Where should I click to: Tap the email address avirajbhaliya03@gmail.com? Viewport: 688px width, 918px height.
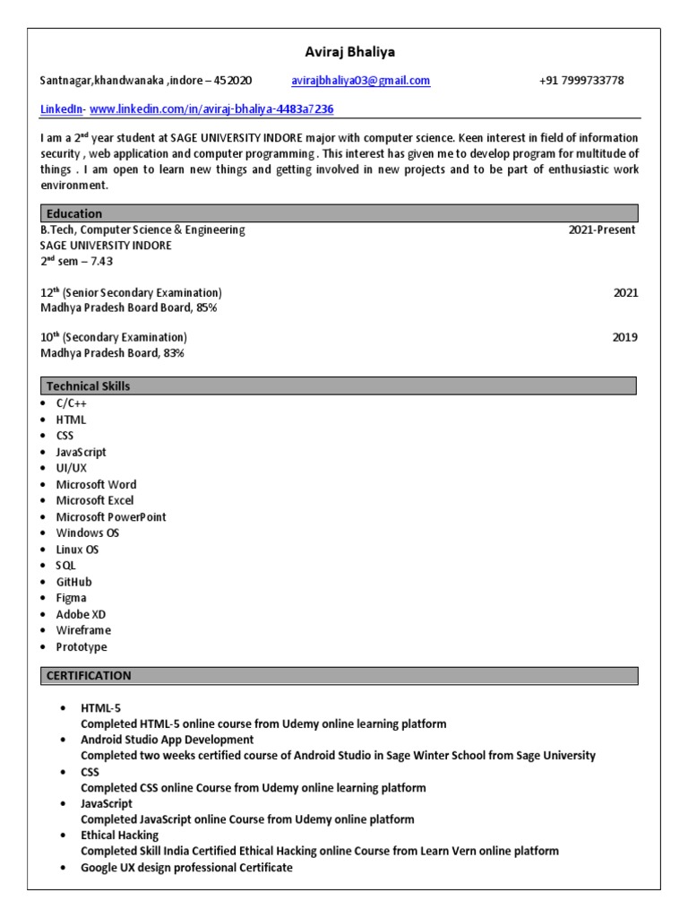click(x=360, y=81)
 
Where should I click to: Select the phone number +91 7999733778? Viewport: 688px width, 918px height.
click(x=581, y=81)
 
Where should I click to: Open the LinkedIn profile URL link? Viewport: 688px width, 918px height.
click(x=211, y=109)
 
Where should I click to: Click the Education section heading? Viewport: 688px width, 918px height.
click(x=74, y=213)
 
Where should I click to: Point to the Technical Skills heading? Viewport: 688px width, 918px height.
click(x=88, y=386)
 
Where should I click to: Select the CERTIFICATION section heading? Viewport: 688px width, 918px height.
click(x=89, y=676)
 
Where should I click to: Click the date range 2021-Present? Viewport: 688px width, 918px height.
click(x=602, y=229)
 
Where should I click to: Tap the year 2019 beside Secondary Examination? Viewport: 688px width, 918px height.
click(x=625, y=337)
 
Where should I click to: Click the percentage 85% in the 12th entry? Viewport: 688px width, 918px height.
click(x=207, y=307)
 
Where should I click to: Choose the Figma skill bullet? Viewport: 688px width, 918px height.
click(x=72, y=598)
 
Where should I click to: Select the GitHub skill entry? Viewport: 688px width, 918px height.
click(x=73, y=582)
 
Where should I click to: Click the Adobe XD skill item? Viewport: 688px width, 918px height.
click(x=81, y=614)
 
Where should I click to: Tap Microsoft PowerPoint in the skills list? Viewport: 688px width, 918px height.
click(x=111, y=517)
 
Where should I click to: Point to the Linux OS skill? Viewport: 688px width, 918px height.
click(x=77, y=550)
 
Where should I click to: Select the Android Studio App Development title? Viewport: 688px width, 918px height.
click(x=167, y=740)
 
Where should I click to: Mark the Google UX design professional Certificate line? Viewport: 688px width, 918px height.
click(x=186, y=869)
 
